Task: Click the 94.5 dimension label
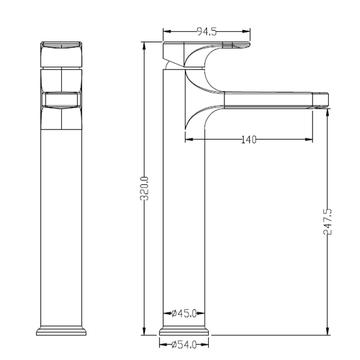pos(206,32)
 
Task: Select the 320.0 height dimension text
pos(144,188)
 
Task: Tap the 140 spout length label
pos(248,140)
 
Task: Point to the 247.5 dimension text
pos(328,221)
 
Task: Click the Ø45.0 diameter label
pos(184,313)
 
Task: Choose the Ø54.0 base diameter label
pos(184,344)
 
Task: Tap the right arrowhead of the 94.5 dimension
pos(246,31)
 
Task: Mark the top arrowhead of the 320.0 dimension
pos(144,46)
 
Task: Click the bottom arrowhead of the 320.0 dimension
pos(144,331)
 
